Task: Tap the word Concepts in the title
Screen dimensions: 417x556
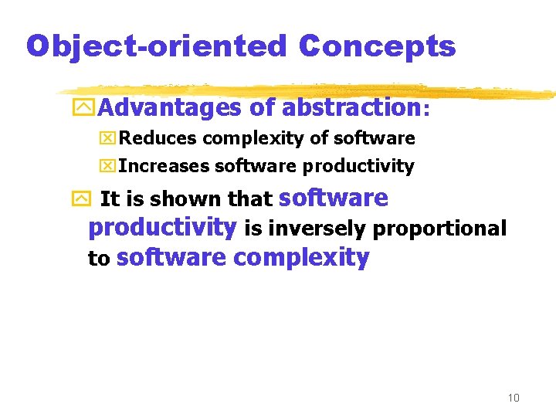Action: pos(377,46)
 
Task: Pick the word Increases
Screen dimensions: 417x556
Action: pos(164,166)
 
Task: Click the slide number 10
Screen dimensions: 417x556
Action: pos(514,398)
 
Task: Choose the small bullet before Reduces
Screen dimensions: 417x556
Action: pos(109,139)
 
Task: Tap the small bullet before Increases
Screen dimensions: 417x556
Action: pos(109,166)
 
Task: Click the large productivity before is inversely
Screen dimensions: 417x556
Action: pos(162,228)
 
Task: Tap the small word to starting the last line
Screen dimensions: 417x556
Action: pos(99,259)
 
